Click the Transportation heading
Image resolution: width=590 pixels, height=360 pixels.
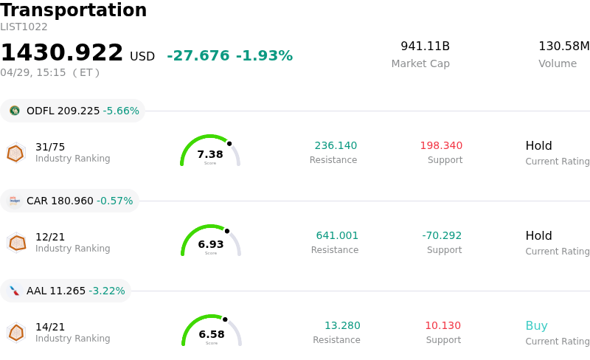tap(73, 10)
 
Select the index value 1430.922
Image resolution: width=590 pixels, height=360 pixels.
tap(62, 53)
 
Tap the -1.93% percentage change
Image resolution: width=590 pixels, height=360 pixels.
tap(264, 56)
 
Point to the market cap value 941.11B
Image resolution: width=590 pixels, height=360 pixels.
tap(425, 46)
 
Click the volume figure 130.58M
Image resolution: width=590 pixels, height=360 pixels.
tap(563, 46)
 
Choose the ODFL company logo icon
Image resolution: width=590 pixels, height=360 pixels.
tap(15, 111)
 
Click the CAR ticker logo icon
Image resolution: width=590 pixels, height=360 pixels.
tap(15, 201)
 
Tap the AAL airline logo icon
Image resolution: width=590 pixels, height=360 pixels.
tap(15, 291)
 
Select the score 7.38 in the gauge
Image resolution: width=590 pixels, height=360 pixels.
tap(210, 154)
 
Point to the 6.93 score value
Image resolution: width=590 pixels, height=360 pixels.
tap(211, 244)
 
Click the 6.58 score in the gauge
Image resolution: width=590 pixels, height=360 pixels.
tap(212, 334)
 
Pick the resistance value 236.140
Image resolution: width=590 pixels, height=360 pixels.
tap(336, 145)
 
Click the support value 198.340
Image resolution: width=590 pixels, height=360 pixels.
tap(441, 145)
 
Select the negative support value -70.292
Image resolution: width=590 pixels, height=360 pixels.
tap(442, 235)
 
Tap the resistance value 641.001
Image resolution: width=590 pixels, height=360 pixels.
tap(337, 235)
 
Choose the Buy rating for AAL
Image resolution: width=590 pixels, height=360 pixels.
tap(536, 325)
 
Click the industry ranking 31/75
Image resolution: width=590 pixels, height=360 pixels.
tap(50, 147)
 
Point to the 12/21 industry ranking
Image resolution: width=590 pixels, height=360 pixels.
tap(50, 237)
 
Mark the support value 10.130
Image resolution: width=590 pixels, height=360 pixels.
tap(442, 325)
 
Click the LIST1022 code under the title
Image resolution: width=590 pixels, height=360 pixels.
tap(24, 27)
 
